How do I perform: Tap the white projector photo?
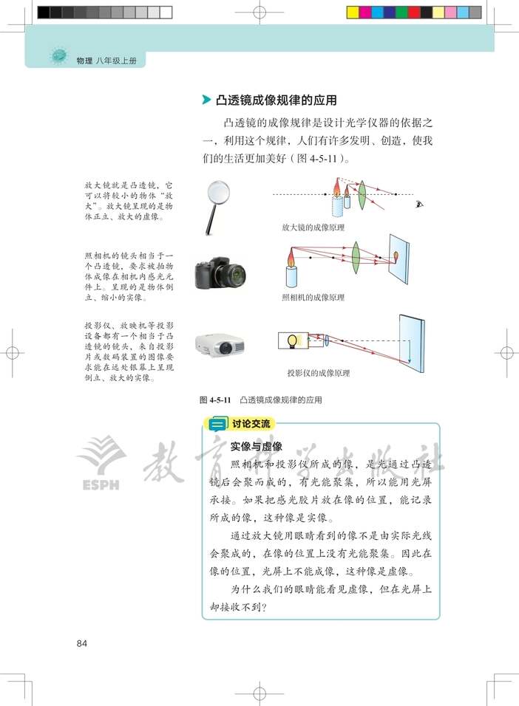pos(219,343)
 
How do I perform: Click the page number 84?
pos(82,643)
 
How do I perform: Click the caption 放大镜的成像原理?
pos(313,227)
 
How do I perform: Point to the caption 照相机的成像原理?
pos(313,298)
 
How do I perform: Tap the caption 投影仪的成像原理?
pos(319,372)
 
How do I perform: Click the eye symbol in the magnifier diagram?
pos(421,204)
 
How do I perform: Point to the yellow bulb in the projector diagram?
pos(292,340)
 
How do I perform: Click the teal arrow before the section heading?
pos(206,100)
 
